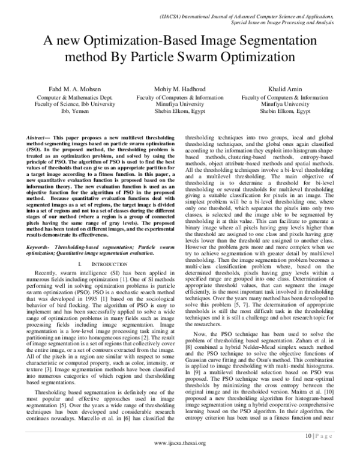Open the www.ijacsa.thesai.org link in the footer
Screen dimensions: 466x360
click(x=180, y=459)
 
